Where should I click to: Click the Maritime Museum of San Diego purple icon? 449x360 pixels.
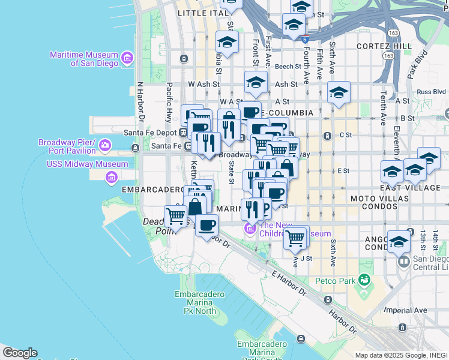click(127, 58)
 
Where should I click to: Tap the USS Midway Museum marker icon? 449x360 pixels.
click(111, 177)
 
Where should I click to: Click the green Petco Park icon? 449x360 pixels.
click(364, 280)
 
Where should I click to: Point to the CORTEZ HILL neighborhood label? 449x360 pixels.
click(384, 46)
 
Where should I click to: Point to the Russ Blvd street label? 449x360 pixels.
click(432, 92)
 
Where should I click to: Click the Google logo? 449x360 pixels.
click(20, 353)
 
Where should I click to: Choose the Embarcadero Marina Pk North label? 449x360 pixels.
click(200, 303)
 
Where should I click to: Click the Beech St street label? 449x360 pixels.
click(288, 67)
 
